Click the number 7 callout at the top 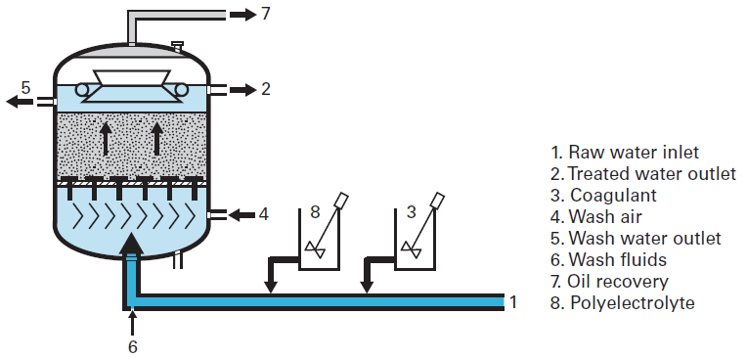[266, 14]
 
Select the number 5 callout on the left [26, 87]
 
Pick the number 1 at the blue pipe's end [512, 301]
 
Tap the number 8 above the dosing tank [315, 210]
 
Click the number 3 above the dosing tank [411, 210]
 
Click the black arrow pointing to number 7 [241, 14]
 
